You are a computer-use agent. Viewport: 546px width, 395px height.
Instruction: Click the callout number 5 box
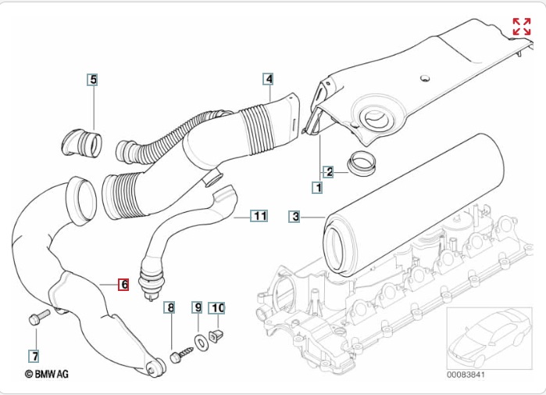(92, 79)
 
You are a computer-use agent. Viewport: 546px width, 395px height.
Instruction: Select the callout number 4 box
(268, 79)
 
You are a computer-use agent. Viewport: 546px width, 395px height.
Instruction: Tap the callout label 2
(329, 171)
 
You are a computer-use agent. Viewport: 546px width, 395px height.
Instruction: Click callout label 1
(317, 188)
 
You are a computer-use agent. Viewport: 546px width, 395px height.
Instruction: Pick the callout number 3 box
(294, 217)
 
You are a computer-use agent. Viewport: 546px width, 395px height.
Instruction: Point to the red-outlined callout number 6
(123, 285)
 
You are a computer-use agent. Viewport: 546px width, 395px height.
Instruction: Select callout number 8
(169, 308)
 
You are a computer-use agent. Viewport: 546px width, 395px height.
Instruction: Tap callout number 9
(198, 308)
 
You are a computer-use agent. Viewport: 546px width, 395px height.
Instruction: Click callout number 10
(217, 308)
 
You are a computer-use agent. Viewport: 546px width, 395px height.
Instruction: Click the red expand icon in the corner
(521, 27)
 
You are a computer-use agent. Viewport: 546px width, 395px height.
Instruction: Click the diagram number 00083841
(466, 375)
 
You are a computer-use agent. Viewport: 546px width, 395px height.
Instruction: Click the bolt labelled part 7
(37, 318)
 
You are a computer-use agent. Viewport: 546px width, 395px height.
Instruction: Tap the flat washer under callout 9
(200, 341)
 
